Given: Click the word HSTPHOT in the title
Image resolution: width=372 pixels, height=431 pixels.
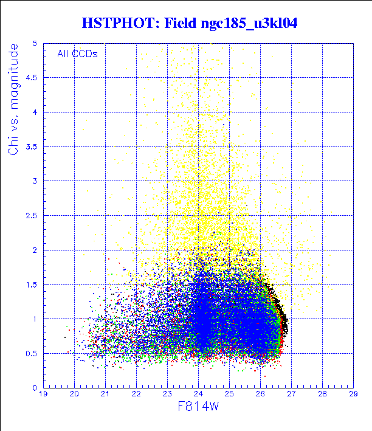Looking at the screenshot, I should (119, 24).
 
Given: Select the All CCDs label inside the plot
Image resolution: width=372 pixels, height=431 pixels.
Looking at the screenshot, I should (78, 53).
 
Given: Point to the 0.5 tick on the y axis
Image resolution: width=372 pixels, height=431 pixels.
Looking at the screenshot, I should (32, 353).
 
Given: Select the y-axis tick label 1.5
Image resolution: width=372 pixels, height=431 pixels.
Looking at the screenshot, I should (32, 284).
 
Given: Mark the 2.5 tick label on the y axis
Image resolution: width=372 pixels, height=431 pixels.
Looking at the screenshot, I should (32, 216).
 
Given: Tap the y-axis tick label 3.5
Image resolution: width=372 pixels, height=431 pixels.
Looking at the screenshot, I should (32, 147).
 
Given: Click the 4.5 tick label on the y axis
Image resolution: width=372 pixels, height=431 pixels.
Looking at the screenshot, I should (32, 78).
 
